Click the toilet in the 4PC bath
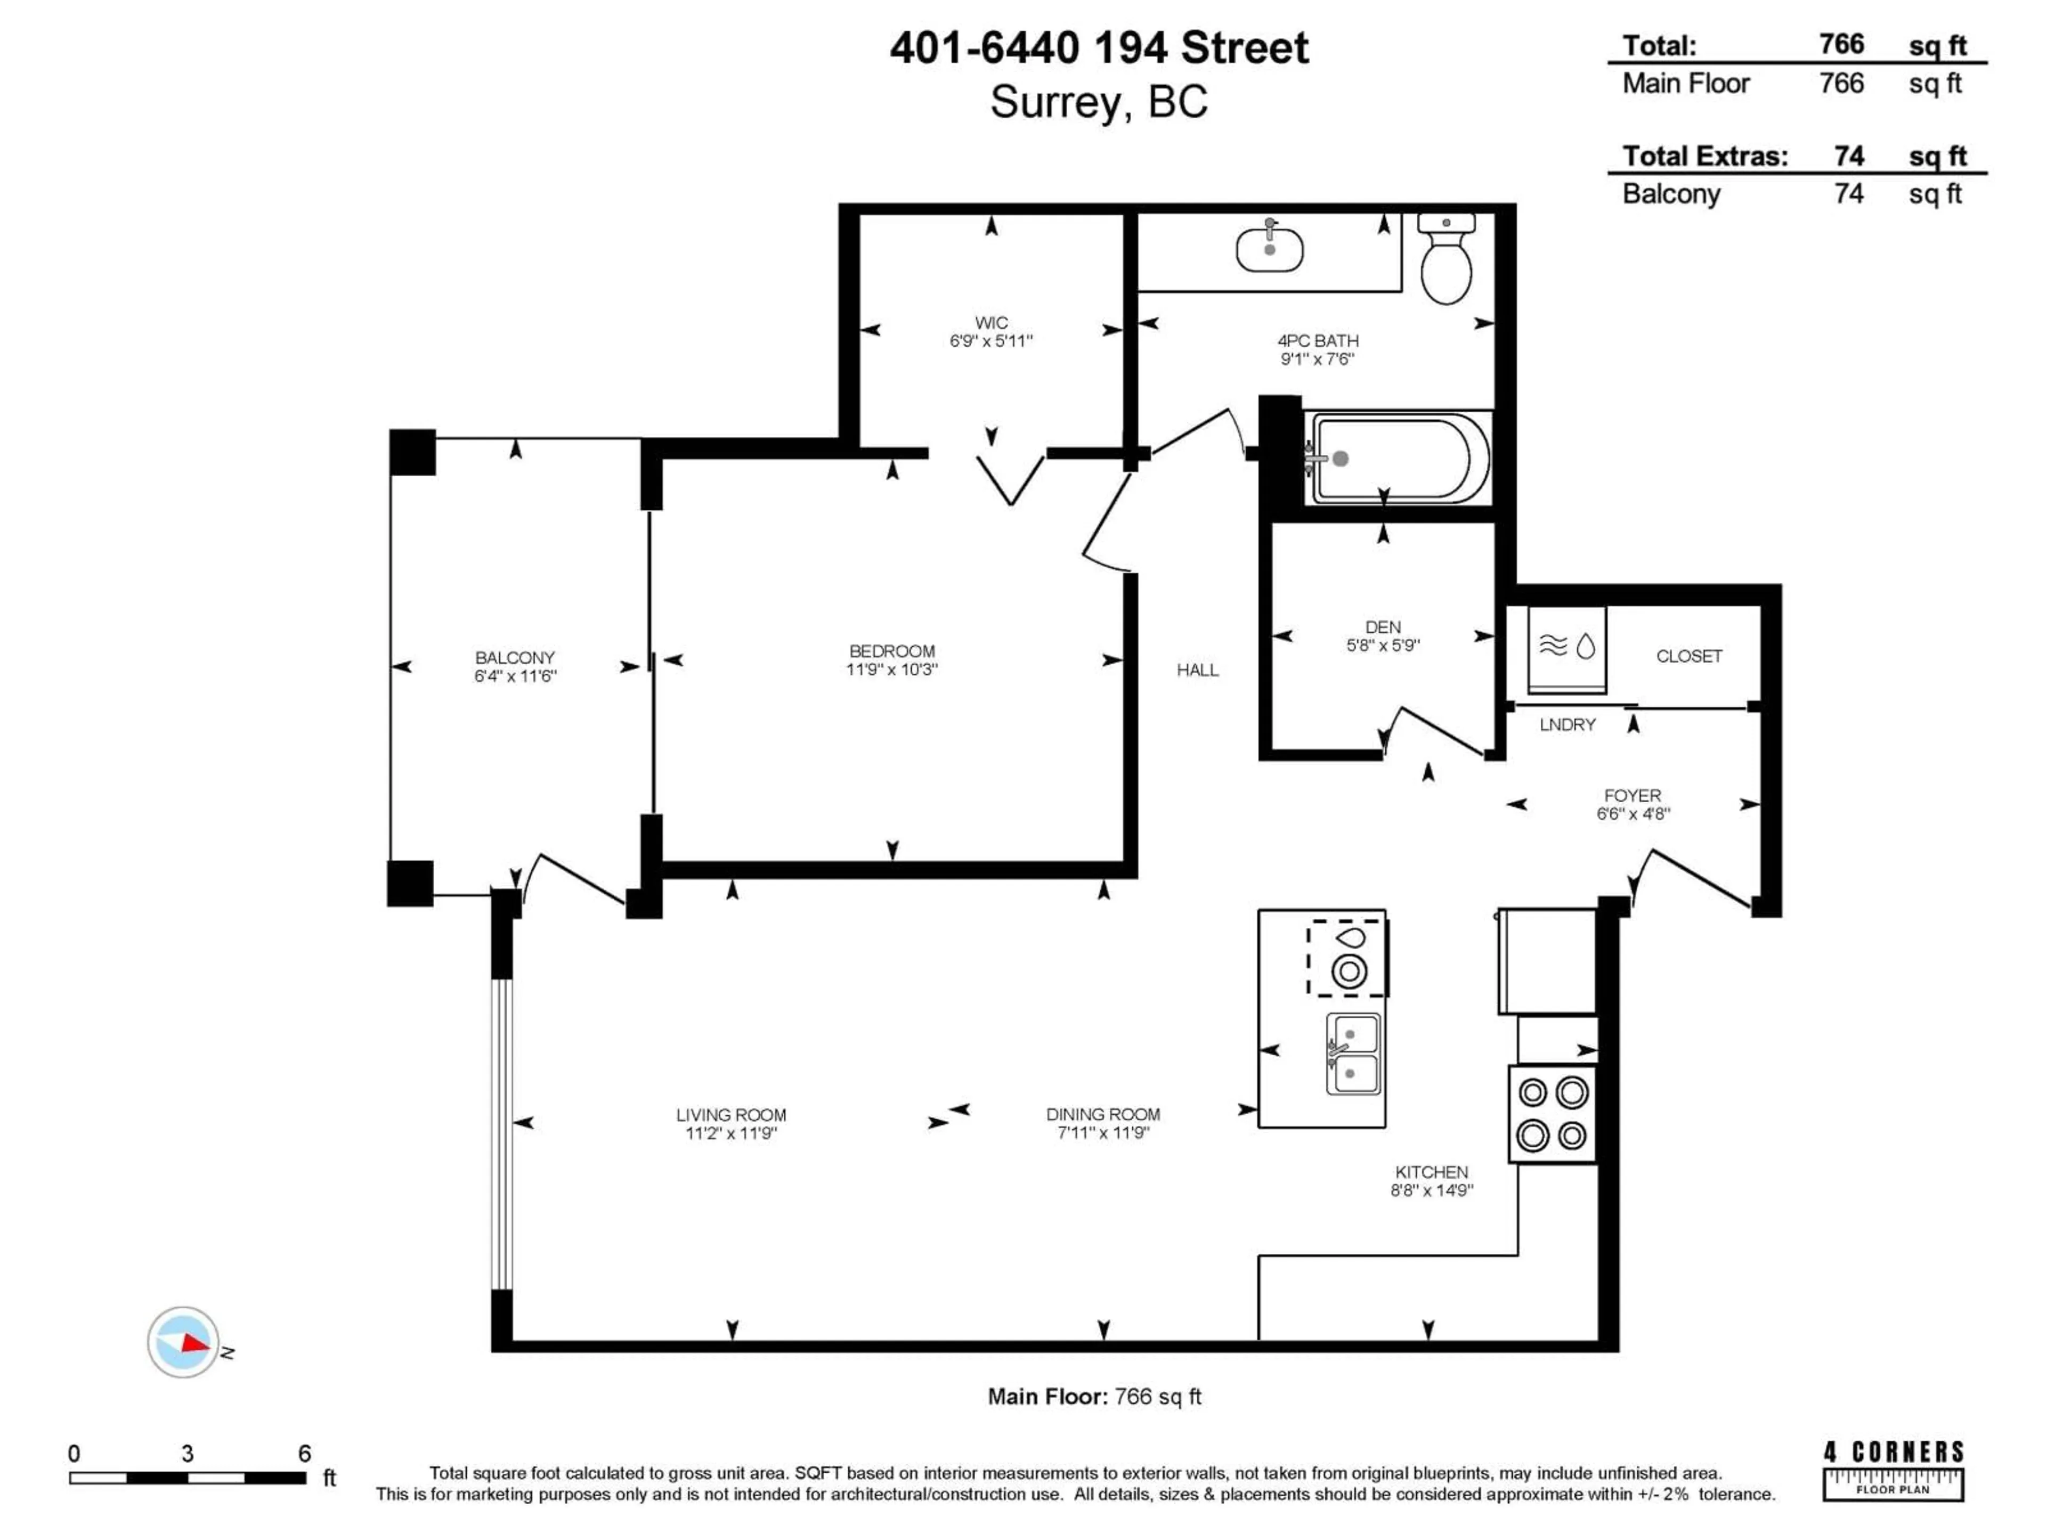pos(1446,262)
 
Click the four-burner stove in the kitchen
pos(1552,1113)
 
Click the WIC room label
pos(990,323)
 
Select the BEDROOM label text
pos(891,651)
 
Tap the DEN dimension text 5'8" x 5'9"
pos(1383,646)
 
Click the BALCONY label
pos(514,657)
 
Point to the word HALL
pos(1197,671)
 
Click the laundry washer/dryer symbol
pos(1566,647)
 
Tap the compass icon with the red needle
pos(183,1342)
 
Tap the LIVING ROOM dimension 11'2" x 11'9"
pos(730,1133)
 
